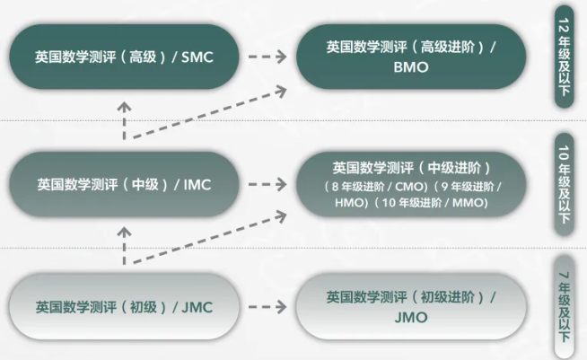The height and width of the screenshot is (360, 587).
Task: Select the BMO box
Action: (x=412, y=57)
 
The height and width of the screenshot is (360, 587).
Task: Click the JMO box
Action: (x=412, y=305)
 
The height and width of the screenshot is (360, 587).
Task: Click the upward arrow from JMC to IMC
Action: (x=125, y=244)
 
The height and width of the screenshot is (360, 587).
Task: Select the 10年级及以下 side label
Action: (x=565, y=184)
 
